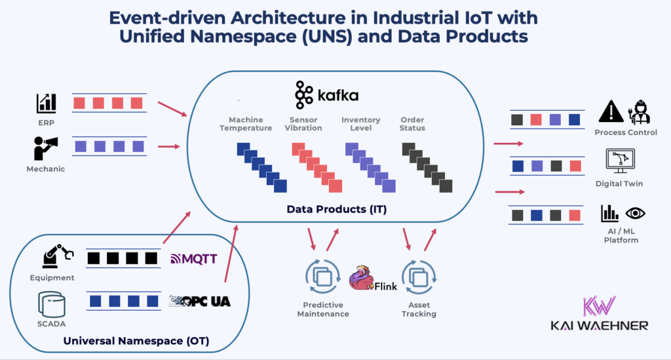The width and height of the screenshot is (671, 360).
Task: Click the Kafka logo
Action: (326, 95)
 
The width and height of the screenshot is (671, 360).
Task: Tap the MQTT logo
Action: (193, 258)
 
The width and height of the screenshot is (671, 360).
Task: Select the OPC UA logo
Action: (200, 301)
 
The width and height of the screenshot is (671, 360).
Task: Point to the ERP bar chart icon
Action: (46, 102)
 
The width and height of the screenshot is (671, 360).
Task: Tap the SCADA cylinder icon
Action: (52, 302)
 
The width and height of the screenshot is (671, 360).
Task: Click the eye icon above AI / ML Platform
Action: (634, 213)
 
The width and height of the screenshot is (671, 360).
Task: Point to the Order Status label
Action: (412, 124)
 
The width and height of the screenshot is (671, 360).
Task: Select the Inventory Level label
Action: (360, 124)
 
